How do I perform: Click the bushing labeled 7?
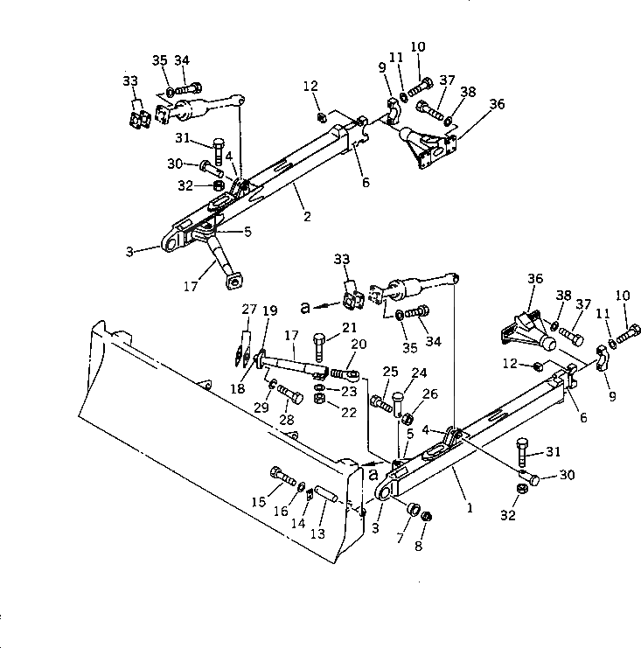click(x=412, y=509)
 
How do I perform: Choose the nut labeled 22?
click(x=320, y=398)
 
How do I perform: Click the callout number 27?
click(x=249, y=310)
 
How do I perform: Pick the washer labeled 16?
click(x=302, y=486)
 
